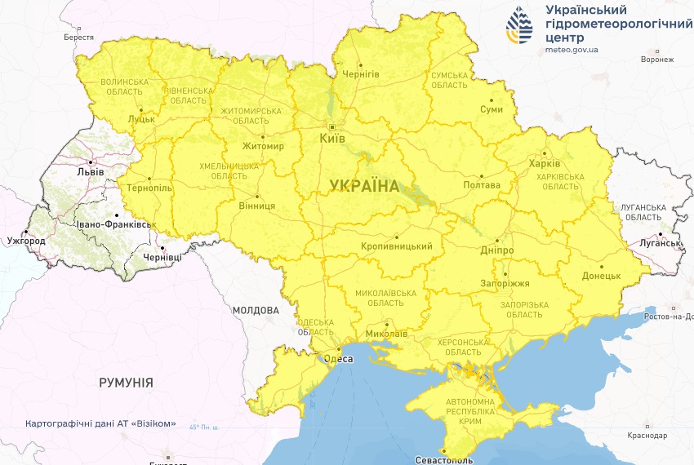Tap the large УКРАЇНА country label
click(x=365, y=186)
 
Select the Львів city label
click(x=89, y=172)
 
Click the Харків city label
click(x=545, y=162)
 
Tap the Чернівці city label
click(x=162, y=257)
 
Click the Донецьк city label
click(x=603, y=276)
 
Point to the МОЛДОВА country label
click(x=256, y=311)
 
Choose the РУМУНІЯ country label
click(x=126, y=382)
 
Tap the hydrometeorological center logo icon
click(x=518, y=26)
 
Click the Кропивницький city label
click(x=396, y=246)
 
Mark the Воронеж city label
click(x=657, y=60)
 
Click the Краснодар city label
click(x=647, y=436)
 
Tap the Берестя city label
click(x=79, y=38)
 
